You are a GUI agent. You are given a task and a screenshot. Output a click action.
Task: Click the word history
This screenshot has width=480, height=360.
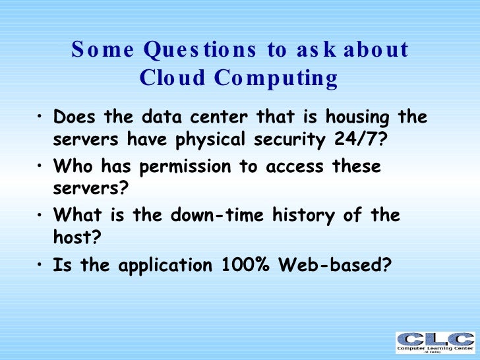314,216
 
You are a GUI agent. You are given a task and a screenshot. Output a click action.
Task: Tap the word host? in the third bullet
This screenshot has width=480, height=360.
74,238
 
